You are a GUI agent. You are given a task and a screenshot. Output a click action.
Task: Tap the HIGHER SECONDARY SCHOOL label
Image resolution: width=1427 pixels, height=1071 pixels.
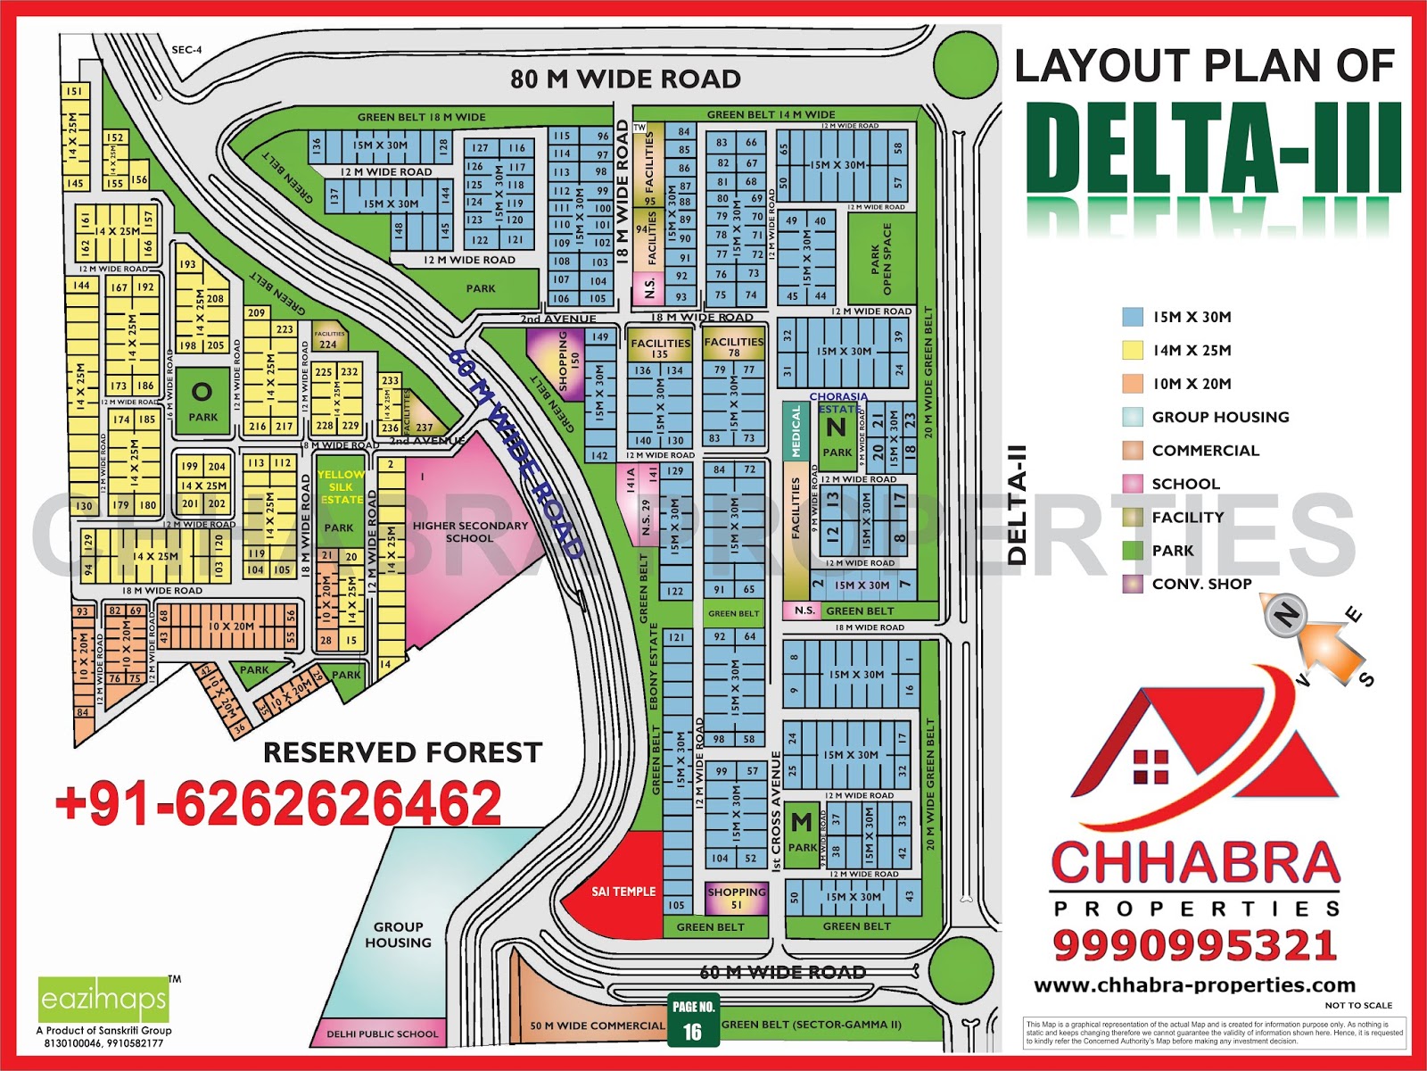coord(470,532)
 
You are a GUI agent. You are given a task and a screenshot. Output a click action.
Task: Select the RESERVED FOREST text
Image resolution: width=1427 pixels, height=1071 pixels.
coord(402,753)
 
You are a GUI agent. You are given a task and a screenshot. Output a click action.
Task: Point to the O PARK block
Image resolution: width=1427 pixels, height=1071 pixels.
coord(202,401)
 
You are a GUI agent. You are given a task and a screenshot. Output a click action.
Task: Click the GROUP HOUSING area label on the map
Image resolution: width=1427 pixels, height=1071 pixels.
coord(398,934)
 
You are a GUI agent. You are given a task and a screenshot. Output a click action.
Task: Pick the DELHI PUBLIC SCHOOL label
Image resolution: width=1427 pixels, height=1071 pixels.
coord(382,1034)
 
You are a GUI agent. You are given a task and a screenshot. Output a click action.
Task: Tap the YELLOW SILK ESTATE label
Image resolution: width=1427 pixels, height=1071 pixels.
coord(341,487)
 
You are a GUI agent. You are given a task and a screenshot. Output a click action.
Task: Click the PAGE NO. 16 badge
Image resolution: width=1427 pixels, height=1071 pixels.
coord(693,1019)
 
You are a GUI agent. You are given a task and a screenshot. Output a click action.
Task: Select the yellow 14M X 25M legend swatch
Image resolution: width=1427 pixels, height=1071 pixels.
coord(1133,350)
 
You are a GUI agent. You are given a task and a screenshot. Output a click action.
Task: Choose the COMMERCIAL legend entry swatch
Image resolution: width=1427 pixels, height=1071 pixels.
coord(1133,450)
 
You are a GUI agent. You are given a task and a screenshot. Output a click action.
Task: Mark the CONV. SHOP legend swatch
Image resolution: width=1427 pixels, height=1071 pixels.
coord(1133,584)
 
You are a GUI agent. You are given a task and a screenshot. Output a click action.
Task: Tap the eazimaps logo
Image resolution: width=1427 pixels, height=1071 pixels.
coord(103,1000)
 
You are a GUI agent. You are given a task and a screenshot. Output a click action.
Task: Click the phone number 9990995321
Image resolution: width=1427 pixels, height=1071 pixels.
coord(1195,945)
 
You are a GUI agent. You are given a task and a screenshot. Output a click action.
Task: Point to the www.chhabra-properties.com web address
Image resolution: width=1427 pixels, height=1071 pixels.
coord(1194,985)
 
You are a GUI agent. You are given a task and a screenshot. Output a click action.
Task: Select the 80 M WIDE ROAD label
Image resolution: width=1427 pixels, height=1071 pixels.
coord(625,79)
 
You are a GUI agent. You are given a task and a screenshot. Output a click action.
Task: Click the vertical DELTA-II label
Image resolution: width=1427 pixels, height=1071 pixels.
coord(1017,505)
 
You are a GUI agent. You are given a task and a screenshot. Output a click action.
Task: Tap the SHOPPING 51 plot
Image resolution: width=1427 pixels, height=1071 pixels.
coord(737,898)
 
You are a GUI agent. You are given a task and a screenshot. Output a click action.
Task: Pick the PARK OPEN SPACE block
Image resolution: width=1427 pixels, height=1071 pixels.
coord(881,259)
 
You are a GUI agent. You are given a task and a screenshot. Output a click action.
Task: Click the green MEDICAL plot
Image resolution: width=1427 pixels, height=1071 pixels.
coord(796,433)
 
